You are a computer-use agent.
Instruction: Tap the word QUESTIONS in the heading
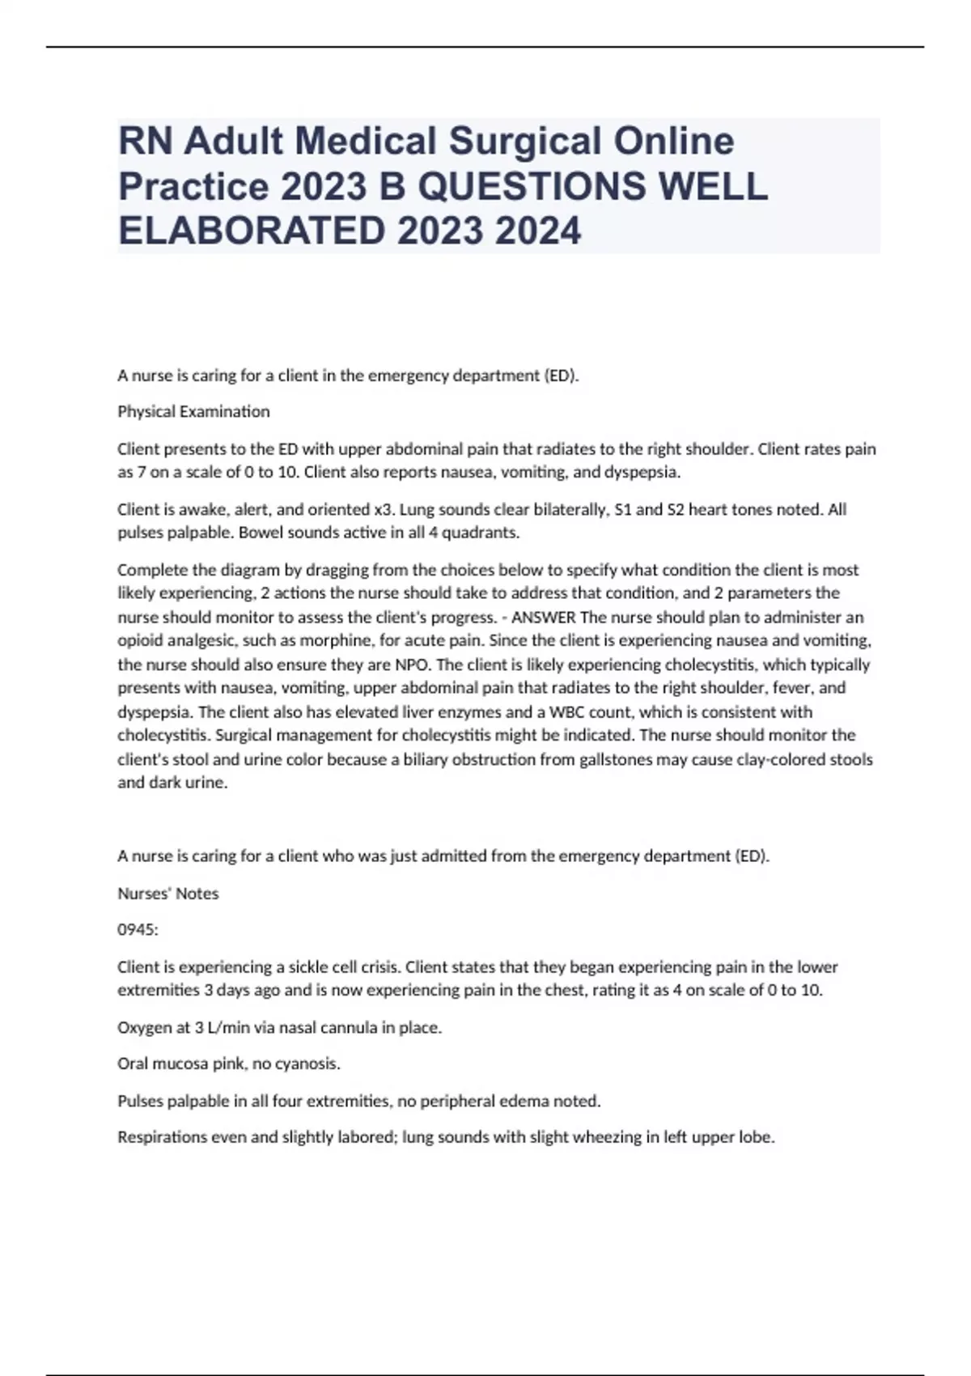tap(534, 187)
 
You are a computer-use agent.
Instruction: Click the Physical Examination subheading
tap(193, 411)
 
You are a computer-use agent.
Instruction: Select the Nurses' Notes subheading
tap(167, 894)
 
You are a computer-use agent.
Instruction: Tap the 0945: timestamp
tap(138, 930)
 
